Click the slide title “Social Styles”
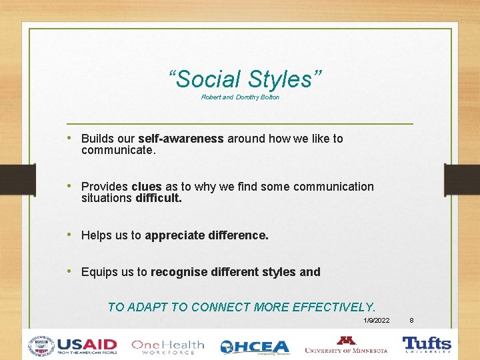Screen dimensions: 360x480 245,79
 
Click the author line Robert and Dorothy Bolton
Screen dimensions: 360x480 240,97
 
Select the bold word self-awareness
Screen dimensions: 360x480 181,139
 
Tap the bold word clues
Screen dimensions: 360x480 147,187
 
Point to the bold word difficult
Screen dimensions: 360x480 159,198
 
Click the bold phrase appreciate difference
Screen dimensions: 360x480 207,235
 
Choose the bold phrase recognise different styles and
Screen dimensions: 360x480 235,272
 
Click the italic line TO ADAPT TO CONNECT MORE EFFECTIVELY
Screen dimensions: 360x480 241,307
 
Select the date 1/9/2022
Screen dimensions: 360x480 377,321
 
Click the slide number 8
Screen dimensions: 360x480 411,321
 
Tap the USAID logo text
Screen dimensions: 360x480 87,345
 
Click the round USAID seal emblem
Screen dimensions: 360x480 41,346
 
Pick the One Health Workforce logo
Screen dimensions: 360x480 167,347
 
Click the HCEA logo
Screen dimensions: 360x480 255,347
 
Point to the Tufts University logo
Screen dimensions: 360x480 427,345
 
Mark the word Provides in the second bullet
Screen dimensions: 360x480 105,187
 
